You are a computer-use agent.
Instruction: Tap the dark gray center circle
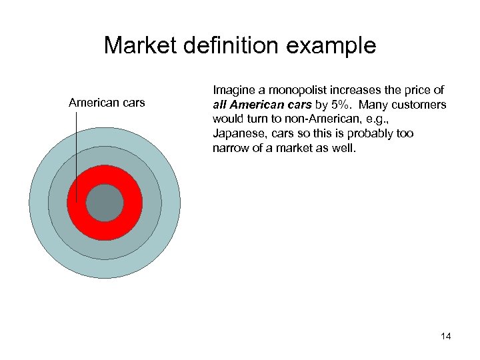click(105, 203)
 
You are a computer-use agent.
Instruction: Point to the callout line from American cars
click(77, 153)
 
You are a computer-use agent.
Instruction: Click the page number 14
click(445, 336)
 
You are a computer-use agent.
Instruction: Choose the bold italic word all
click(221, 105)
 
